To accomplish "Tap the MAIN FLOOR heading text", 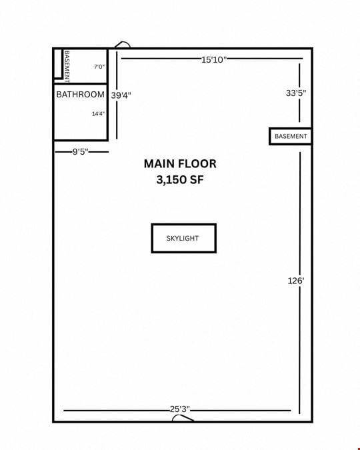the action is click(x=180, y=164).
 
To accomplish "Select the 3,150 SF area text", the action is click(x=180, y=180).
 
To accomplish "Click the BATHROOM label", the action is click(x=81, y=95).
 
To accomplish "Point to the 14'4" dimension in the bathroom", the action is click(x=98, y=114).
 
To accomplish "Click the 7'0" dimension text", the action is click(x=99, y=67).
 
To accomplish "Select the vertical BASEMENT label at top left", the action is click(x=67, y=67).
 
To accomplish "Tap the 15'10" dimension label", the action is click(x=214, y=60).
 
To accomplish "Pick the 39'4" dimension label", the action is click(x=121, y=95).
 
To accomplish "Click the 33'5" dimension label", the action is click(x=296, y=93).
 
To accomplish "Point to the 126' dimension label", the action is click(x=296, y=281).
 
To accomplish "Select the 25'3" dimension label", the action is click(x=180, y=409).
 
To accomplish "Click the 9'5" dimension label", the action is click(x=80, y=151).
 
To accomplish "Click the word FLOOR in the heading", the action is click(x=197, y=164).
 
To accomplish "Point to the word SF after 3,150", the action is click(x=197, y=180).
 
